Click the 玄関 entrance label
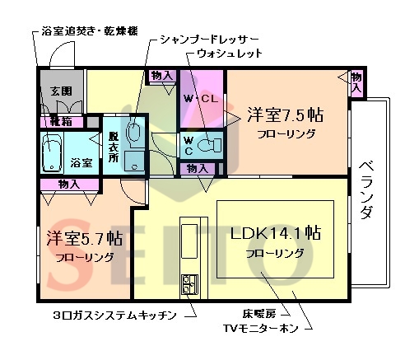click(60, 91)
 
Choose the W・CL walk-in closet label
click(201, 99)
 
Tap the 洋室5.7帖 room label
click(84, 239)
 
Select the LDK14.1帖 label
click(276, 233)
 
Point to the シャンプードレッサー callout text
click(209, 38)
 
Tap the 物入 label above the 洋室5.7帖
click(68, 185)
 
